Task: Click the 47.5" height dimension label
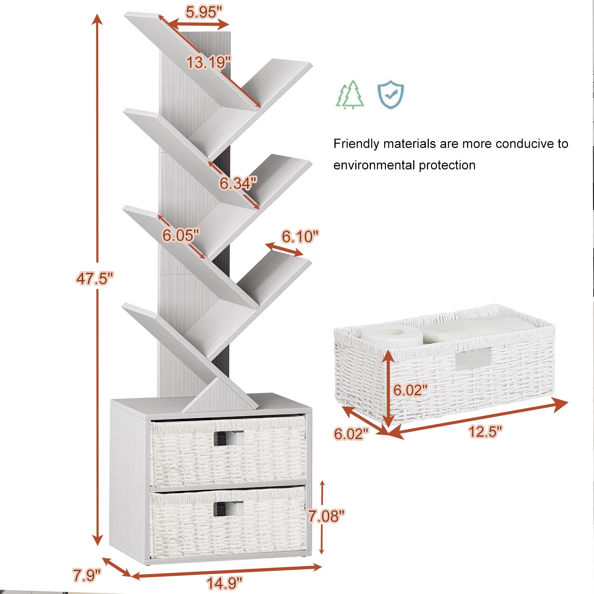pyautogui.click(x=95, y=278)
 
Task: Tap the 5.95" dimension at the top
pyautogui.click(x=204, y=12)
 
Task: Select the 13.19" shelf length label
pyautogui.click(x=208, y=62)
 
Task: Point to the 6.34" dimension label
pyautogui.click(x=238, y=183)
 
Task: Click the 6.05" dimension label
pyautogui.click(x=181, y=235)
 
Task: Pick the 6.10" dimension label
pyautogui.click(x=300, y=236)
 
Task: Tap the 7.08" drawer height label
pyautogui.click(x=326, y=516)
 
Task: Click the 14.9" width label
pyautogui.click(x=225, y=583)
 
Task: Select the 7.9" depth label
pyautogui.click(x=87, y=575)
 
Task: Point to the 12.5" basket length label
pyautogui.click(x=485, y=431)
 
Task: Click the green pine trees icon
pyautogui.click(x=350, y=95)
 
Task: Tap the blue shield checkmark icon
pyautogui.click(x=391, y=94)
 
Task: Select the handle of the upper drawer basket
pyautogui.click(x=229, y=438)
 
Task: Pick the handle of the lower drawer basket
pyautogui.click(x=229, y=509)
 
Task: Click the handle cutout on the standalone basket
pyautogui.click(x=473, y=358)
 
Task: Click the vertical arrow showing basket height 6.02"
pyautogui.click(x=388, y=388)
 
